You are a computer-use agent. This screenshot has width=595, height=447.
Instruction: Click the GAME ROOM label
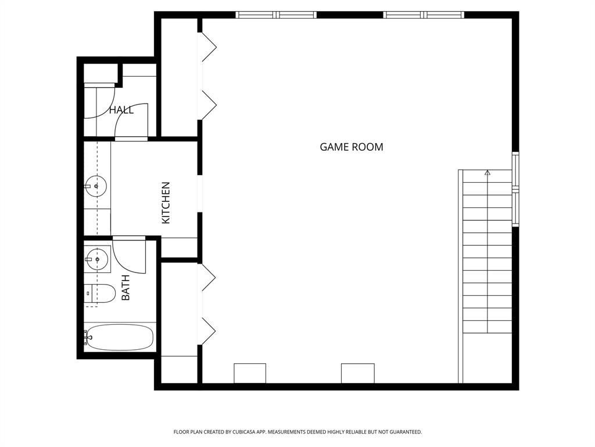[x=352, y=147]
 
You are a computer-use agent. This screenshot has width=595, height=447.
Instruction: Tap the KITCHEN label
[x=166, y=203]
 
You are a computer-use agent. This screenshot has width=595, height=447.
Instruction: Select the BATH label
[x=126, y=288]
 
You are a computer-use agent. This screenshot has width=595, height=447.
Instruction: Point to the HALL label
[x=121, y=110]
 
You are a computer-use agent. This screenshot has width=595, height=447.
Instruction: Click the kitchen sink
[x=96, y=187]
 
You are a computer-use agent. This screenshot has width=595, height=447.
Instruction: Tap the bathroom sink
[x=97, y=259]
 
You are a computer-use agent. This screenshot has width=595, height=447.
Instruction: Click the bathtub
[x=119, y=338]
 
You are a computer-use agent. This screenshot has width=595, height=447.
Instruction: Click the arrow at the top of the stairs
[x=488, y=173]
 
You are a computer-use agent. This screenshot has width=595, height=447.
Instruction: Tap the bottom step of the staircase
[x=488, y=326]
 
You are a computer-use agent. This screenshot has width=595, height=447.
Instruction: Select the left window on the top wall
[x=276, y=15]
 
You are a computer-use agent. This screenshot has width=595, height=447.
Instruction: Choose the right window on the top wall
[x=424, y=15]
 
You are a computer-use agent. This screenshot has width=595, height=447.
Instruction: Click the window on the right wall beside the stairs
[x=515, y=189]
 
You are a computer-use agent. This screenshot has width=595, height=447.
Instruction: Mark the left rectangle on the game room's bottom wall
[x=250, y=373]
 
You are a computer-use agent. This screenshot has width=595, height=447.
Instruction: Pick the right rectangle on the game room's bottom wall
[x=357, y=373]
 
